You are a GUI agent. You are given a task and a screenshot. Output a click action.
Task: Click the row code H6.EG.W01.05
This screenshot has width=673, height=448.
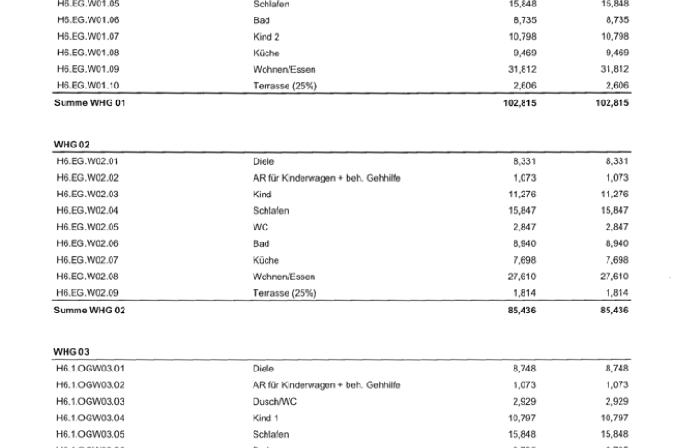[x=88, y=4]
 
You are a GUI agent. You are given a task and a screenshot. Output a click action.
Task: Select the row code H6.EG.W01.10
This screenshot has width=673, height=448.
[x=88, y=86]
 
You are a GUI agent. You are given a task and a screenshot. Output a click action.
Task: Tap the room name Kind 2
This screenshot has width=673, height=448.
[x=266, y=37]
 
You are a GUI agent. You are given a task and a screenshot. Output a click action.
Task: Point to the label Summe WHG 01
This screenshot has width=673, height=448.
[x=89, y=103]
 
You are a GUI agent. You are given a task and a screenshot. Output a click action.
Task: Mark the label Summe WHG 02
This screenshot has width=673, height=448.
[x=89, y=311]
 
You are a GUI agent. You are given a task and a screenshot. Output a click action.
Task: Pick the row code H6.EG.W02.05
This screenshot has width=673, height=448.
[x=88, y=227]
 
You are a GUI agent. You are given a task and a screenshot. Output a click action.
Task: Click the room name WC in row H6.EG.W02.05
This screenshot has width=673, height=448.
[x=260, y=227]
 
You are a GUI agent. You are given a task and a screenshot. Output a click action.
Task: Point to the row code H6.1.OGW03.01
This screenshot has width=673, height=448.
[x=90, y=369]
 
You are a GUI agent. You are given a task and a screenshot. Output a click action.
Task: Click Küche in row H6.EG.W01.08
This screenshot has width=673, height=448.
[x=266, y=53]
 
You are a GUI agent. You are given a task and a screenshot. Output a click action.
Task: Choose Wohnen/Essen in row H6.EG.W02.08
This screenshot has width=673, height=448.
[x=283, y=277]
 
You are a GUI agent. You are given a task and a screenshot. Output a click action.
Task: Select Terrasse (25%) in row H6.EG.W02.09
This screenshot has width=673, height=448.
[x=284, y=293]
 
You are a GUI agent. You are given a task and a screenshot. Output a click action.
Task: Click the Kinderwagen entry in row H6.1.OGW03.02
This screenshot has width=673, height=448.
[x=325, y=384]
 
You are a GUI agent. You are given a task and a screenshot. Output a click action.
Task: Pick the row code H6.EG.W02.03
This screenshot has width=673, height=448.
[x=88, y=195]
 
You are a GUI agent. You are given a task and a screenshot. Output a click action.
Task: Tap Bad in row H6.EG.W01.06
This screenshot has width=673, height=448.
[x=261, y=20]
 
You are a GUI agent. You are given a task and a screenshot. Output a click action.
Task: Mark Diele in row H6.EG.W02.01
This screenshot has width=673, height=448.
[x=263, y=161]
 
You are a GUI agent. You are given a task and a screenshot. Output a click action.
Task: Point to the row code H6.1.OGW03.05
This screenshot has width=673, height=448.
[x=90, y=434]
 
